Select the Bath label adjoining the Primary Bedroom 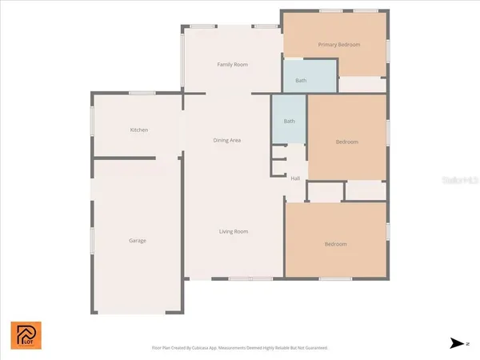pos(301,80)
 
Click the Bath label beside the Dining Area pos(289,121)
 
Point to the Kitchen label pos(139,130)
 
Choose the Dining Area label pos(227,140)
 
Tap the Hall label pos(295,178)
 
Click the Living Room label pos(234,231)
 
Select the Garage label pos(138,240)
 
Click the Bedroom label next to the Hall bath pos(346,142)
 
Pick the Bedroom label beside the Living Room pos(335,244)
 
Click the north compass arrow pos(457,343)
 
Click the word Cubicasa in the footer pos(211,348)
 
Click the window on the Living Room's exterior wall pos(240,278)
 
